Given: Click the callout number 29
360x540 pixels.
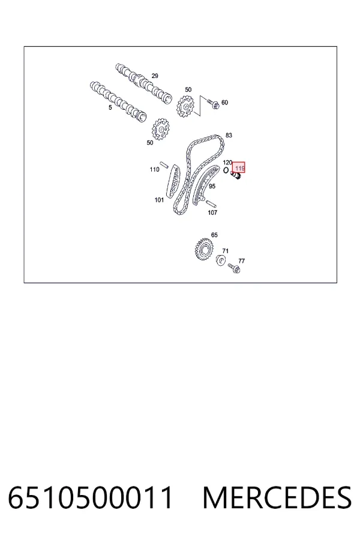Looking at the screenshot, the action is pyautogui.click(x=155, y=76).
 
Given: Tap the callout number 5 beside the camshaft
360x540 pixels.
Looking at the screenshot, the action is pyautogui.click(x=110, y=107).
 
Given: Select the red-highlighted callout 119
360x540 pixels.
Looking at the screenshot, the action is pyautogui.click(x=239, y=168).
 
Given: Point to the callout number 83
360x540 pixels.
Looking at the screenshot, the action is pyautogui.click(x=229, y=136).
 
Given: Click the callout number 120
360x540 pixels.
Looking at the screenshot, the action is pyautogui.click(x=227, y=163).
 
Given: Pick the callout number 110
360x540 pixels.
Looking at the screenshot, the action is pyautogui.click(x=154, y=169).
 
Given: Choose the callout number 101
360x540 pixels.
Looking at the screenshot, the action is pyautogui.click(x=159, y=200).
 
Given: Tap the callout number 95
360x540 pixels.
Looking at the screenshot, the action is pyautogui.click(x=212, y=187).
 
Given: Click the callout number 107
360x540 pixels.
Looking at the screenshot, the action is pyautogui.click(x=212, y=212).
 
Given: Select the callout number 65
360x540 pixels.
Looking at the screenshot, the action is pyautogui.click(x=214, y=235).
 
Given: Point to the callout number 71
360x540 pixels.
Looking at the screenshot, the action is pyautogui.click(x=226, y=251).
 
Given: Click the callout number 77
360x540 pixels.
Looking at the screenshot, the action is pyautogui.click(x=241, y=261).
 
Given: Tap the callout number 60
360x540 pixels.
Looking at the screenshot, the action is pyautogui.click(x=224, y=102).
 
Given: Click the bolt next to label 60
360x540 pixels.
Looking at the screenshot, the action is pyautogui.click(x=213, y=104).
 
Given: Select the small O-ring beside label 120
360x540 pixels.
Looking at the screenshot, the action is pyautogui.click(x=226, y=170).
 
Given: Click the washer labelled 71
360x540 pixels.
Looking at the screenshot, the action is pyautogui.click(x=221, y=261).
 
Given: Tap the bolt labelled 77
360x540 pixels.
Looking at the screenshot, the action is pyautogui.click(x=234, y=268).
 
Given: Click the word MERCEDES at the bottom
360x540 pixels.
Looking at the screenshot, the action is pyautogui.click(x=277, y=497).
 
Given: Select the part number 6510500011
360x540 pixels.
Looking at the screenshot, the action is pyautogui.click(x=90, y=497).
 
